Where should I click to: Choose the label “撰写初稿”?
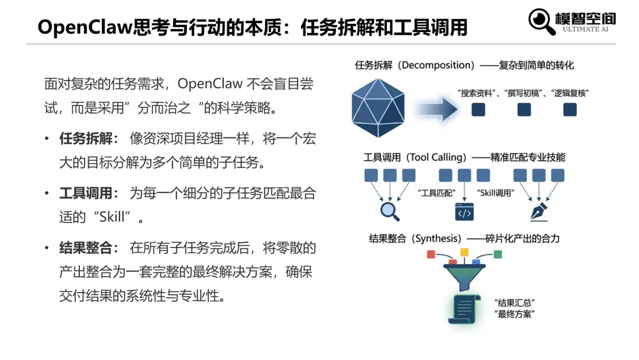click(x=524, y=93)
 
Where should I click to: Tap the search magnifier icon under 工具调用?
click(x=389, y=211)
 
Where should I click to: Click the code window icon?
click(x=464, y=211)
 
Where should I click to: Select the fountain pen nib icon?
click(x=538, y=212)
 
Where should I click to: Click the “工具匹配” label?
click(x=435, y=192)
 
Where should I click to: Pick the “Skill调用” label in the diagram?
click(x=496, y=192)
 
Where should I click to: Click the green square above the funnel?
click(x=498, y=255)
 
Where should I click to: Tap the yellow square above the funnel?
click(x=464, y=252)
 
